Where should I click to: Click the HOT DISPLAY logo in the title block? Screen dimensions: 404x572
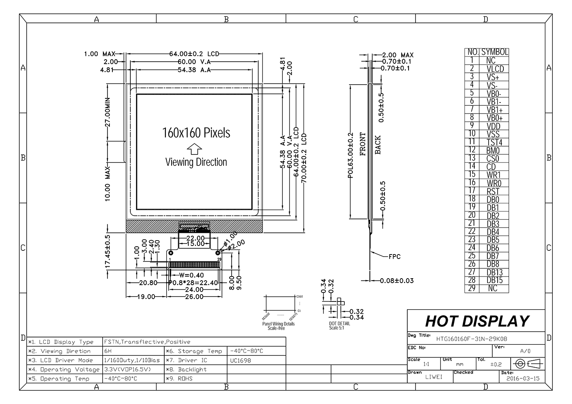click(477, 321)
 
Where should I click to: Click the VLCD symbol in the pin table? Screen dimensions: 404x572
click(495, 69)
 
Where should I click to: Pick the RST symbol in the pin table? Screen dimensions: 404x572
click(493, 191)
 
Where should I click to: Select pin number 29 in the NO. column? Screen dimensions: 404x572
click(472, 288)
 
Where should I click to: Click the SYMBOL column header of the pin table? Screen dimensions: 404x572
click(494, 52)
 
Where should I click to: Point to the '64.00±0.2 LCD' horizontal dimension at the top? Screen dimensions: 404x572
click(194, 54)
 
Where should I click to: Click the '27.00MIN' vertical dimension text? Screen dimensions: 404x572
click(108, 113)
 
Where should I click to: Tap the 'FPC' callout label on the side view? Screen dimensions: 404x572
click(394, 257)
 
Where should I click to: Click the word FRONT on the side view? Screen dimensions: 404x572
click(363, 144)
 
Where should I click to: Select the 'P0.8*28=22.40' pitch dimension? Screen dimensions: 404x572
click(194, 283)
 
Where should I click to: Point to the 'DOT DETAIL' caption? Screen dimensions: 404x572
click(340, 324)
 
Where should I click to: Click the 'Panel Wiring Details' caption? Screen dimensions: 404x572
click(278, 324)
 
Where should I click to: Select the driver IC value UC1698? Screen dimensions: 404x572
click(241, 360)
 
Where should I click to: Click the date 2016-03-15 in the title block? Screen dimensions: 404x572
click(523, 378)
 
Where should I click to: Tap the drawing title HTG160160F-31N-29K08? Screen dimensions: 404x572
click(471, 339)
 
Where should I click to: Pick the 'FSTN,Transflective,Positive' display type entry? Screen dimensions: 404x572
click(147, 342)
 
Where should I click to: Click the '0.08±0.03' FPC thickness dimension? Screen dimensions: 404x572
click(397, 281)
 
